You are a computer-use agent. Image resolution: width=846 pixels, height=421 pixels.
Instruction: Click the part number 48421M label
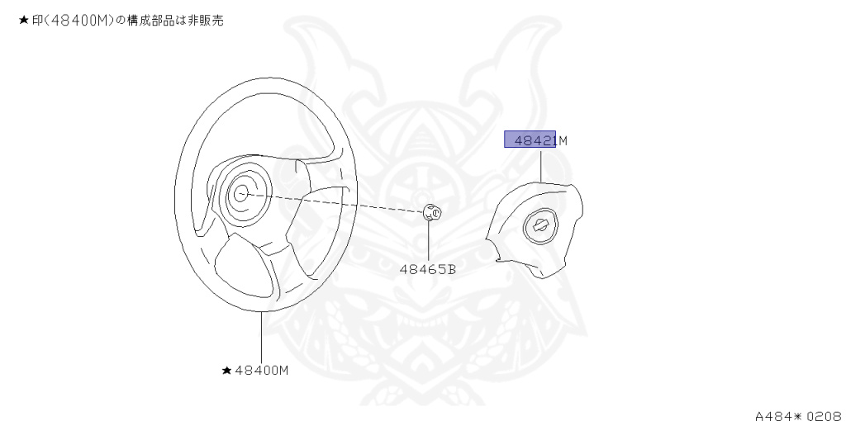540,140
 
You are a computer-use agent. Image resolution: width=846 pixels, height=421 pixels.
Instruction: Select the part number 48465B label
427,269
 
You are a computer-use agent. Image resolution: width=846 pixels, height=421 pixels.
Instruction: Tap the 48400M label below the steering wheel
262,371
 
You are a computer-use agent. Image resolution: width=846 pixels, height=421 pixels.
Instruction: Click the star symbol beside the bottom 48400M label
227,371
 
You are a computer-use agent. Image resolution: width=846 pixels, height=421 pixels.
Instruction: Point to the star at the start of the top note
23,21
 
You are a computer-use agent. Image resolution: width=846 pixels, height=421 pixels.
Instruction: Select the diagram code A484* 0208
800,415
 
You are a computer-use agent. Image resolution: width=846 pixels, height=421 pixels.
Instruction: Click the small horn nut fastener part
431,212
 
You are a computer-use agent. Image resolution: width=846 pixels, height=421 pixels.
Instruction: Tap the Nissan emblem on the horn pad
540,225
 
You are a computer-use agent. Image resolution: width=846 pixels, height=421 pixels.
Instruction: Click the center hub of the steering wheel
240,193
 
